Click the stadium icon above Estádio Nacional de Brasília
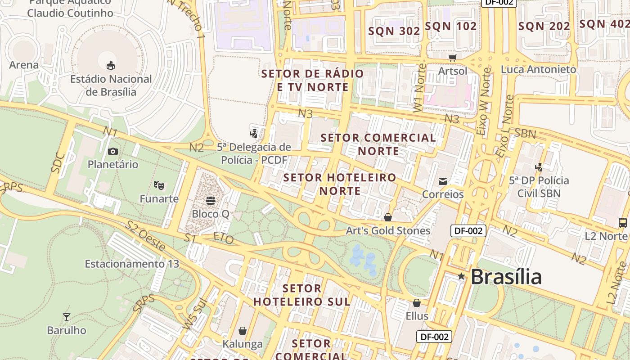[111, 66]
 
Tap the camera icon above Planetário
[113, 151]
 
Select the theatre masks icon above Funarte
[158, 185]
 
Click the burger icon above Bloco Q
[210, 200]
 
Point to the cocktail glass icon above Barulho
[67, 317]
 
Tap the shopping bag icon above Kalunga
[243, 331]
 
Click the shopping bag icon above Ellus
[417, 303]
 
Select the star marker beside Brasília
[461, 276]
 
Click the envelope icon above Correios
[443, 181]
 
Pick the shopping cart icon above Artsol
[452, 58]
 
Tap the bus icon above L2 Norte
[623, 222]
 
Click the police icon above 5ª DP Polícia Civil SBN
[539, 167]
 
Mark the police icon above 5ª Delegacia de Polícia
[254, 133]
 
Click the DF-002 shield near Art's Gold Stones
[468, 231]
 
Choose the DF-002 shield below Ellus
[434, 337]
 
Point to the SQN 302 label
[394, 31]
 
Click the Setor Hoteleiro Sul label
[302, 295]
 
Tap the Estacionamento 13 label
[132, 264]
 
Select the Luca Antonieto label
[538, 69]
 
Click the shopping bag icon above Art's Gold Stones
[388, 218]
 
